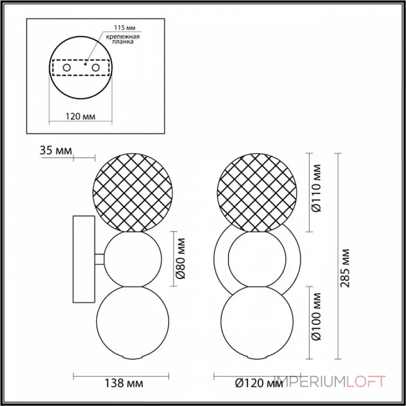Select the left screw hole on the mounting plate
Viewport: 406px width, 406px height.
66,67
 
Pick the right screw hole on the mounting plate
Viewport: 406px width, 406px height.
94,67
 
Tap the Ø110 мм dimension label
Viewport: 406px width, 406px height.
317,190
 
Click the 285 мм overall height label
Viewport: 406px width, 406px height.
347,267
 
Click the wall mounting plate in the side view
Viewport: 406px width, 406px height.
84,259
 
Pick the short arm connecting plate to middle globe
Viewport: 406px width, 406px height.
100,259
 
